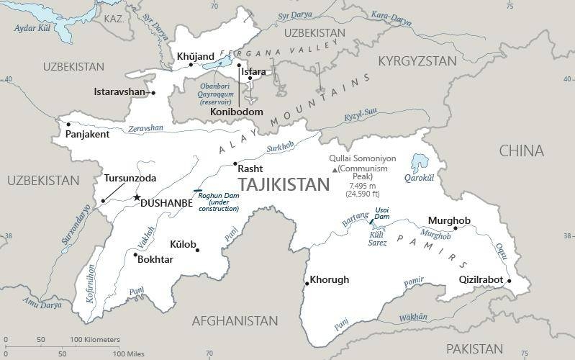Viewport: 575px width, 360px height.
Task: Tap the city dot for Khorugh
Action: click(x=307, y=283)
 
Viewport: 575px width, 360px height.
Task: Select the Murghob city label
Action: click(x=449, y=220)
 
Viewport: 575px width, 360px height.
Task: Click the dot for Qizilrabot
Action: click(x=508, y=281)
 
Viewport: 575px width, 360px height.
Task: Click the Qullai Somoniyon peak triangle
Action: click(x=334, y=169)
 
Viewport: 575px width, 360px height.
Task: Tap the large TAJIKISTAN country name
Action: click(x=283, y=185)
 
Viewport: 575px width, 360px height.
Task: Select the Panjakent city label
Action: click(x=87, y=135)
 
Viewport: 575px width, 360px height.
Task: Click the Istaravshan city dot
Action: click(x=153, y=93)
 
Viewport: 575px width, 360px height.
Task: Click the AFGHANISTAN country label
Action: click(x=235, y=320)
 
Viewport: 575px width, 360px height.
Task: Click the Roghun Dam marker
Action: click(x=198, y=191)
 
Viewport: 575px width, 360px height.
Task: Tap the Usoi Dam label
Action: click(x=381, y=212)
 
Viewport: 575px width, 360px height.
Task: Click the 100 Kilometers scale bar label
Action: click(x=95, y=339)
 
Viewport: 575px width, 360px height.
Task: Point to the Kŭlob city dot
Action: click(x=198, y=250)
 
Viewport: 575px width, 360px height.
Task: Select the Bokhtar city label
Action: click(x=155, y=259)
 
